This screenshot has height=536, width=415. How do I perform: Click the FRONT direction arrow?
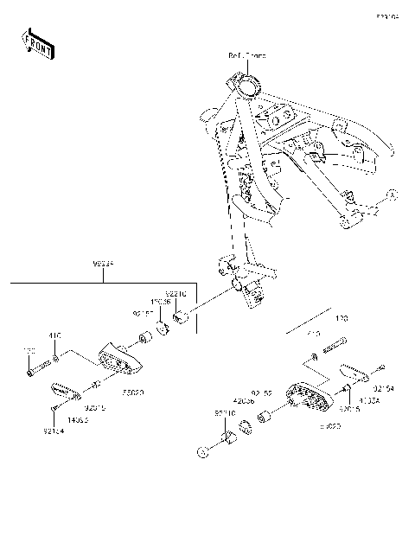point(39,43)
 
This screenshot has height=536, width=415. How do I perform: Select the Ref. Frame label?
point(247,55)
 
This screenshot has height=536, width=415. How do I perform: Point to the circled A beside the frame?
point(390,196)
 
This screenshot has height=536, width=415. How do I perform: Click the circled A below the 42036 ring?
point(205,451)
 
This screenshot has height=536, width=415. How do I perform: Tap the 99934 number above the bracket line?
point(104,260)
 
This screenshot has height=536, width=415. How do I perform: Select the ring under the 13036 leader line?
point(162,329)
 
